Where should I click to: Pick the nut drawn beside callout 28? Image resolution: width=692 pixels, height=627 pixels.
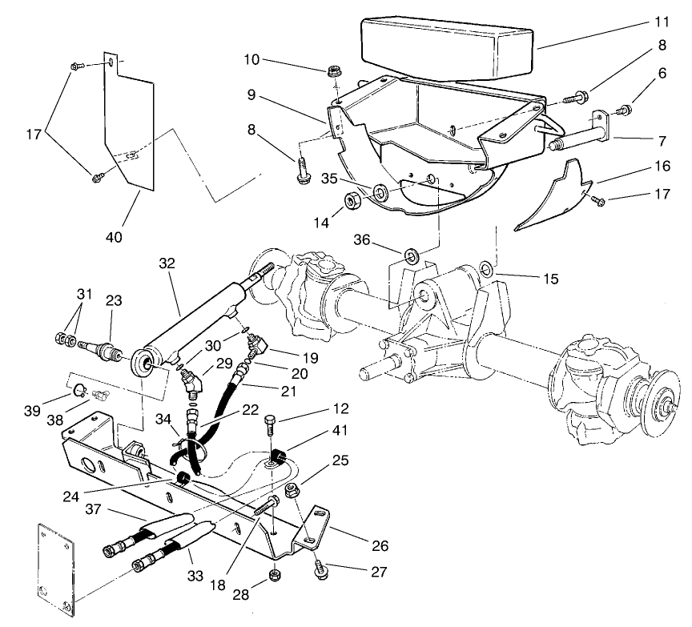click(x=276, y=574)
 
